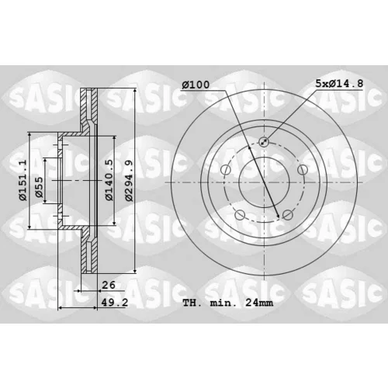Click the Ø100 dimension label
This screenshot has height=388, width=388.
click(x=196, y=85)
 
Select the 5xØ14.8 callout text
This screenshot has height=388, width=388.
click(x=339, y=83)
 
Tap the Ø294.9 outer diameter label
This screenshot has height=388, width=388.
click(x=129, y=180)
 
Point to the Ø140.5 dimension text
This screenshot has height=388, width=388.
click(x=109, y=180)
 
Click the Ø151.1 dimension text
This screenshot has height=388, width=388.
click(x=23, y=180)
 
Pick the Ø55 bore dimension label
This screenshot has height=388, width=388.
click(x=39, y=187)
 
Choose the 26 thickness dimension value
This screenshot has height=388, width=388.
click(x=109, y=285)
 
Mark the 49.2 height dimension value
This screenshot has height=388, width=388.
click(x=114, y=303)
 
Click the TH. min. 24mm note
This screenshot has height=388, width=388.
click(x=228, y=303)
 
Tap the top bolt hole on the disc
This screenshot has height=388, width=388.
click(x=264, y=141)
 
